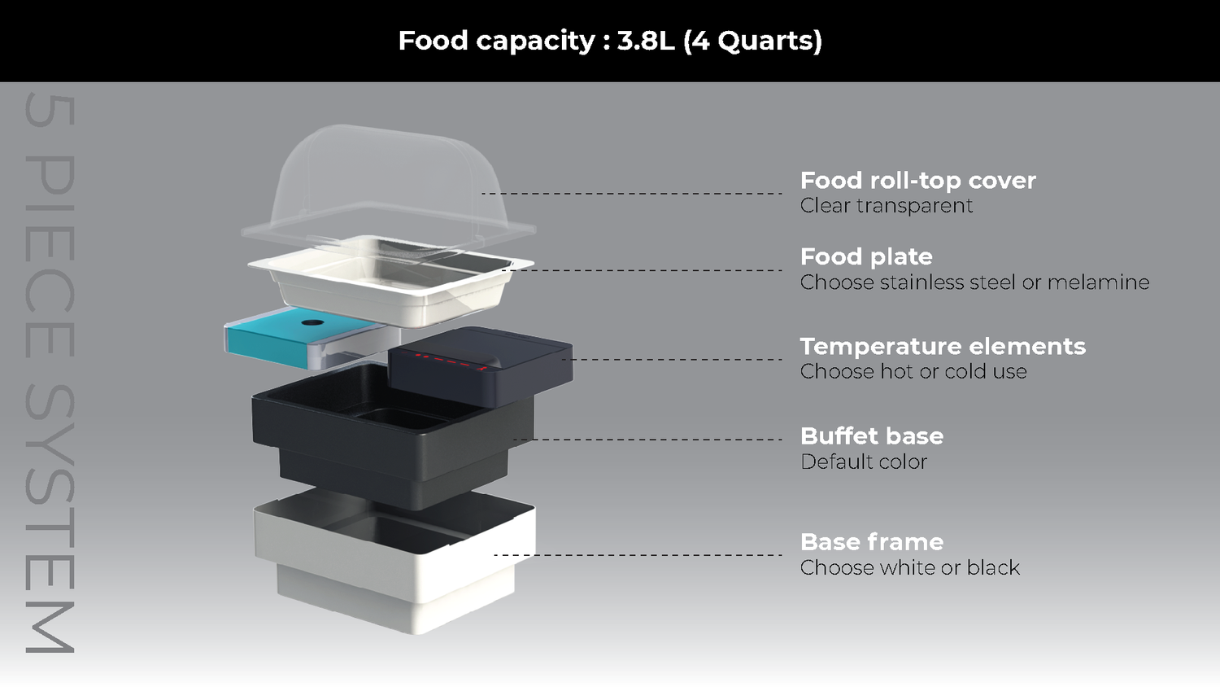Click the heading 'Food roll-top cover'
point(917,180)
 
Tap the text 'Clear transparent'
point(886,206)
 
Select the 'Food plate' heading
point(866,256)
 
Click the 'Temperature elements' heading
point(943,346)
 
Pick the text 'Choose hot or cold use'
point(913,372)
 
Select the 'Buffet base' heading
point(872,436)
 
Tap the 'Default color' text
point(864,462)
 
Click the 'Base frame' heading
point(872,542)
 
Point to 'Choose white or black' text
point(909,568)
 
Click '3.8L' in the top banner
point(646,41)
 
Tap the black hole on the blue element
point(312,322)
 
